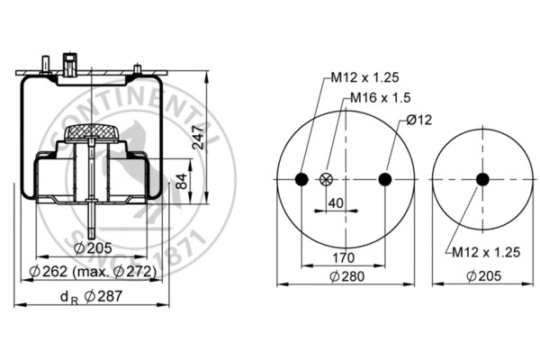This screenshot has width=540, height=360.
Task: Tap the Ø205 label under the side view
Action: coord(92,247)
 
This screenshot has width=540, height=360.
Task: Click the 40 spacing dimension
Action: coord(335,203)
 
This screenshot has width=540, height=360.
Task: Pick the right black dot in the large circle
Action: coord(385,179)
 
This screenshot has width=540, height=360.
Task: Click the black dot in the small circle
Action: coord(482,179)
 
